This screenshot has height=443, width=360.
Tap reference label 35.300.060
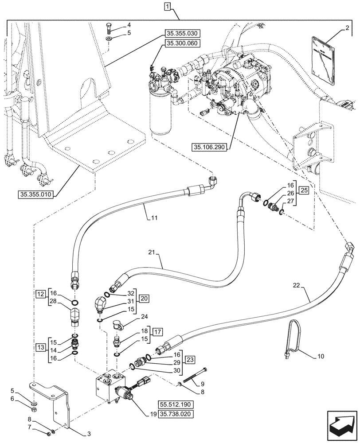point(183,43)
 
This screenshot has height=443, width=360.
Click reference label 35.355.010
point(36,194)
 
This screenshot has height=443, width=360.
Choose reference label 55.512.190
point(176,404)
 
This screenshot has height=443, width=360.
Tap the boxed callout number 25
point(303,190)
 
